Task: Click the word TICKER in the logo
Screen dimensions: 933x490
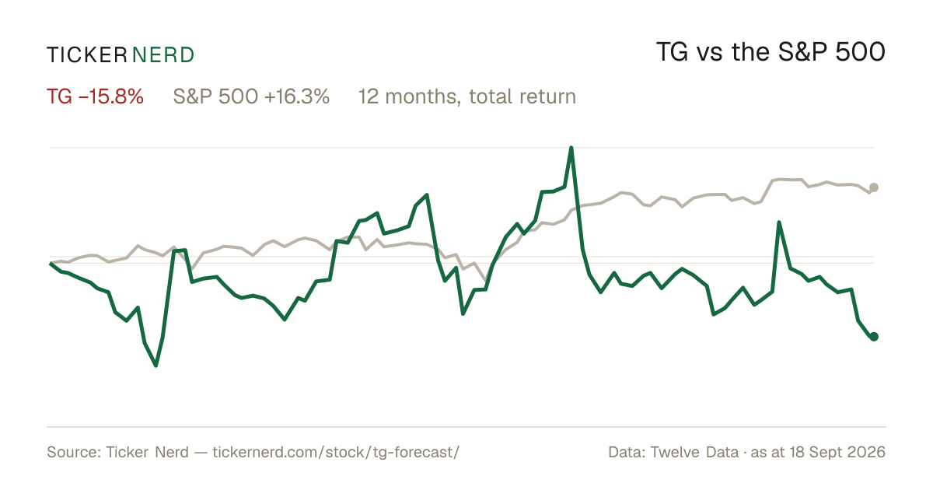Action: (86, 55)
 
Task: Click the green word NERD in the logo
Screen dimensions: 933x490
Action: (162, 55)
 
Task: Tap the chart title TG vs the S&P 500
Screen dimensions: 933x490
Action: (771, 52)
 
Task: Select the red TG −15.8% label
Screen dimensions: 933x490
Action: (95, 96)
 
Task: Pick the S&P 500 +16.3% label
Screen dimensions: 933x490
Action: (251, 96)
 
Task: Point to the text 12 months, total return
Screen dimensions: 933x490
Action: (467, 97)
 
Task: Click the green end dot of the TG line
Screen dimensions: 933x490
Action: (874, 336)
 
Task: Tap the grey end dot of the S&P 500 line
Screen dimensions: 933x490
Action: (874, 187)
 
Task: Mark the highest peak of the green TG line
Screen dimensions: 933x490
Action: (571, 148)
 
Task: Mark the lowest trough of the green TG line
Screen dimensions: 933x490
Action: (155, 366)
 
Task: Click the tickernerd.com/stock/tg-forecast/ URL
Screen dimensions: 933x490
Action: (336, 452)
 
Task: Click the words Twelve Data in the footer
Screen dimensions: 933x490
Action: (694, 452)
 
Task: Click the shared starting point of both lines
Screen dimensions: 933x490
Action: (51, 264)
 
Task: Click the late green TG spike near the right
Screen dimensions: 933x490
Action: (779, 222)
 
